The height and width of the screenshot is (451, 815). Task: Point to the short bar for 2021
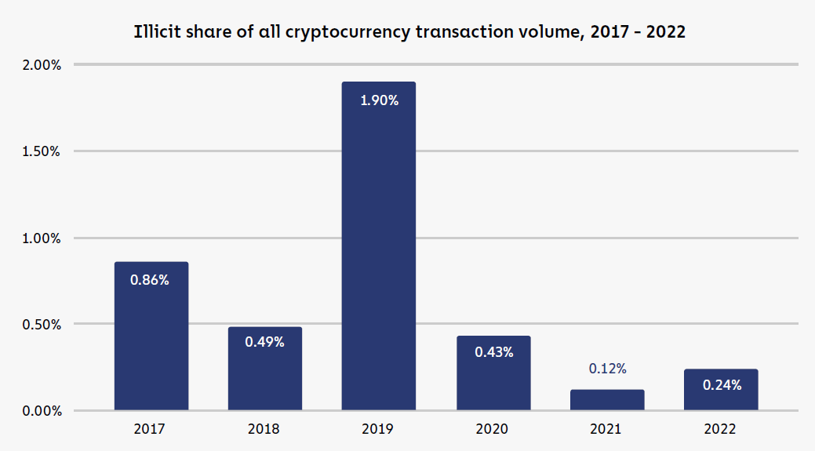click(607, 400)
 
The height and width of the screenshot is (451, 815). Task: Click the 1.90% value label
click(379, 100)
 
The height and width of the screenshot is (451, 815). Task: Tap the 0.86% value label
click(150, 280)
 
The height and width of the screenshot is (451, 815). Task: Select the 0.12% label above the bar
click(607, 369)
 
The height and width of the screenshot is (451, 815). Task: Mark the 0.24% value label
click(722, 385)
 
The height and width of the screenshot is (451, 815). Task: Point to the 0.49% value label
click(264, 342)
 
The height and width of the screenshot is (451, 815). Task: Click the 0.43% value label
click(494, 352)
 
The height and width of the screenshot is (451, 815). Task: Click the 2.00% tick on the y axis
click(42, 64)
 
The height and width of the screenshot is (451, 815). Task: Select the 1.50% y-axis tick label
click(42, 151)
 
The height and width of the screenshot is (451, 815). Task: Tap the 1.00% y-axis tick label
click(42, 238)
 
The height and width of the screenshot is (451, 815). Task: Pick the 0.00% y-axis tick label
click(42, 411)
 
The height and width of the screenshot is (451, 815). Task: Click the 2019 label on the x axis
click(379, 430)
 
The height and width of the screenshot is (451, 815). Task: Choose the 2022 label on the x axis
click(721, 430)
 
